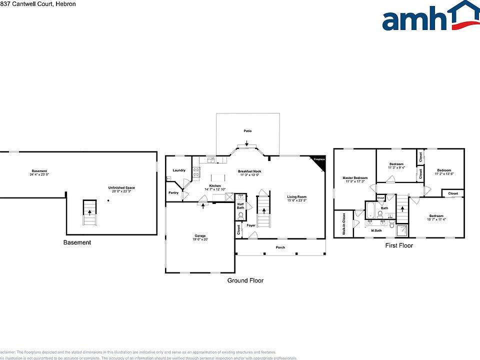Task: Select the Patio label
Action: tap(247, 131)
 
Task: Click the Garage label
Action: tap(200, 236)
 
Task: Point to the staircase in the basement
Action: tap(89, 212)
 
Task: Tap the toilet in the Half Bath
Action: tap(240, 215)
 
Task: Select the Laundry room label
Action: tap(179, 170)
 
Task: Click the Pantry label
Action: tap(173, 193)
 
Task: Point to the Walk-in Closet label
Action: tap(344, 224)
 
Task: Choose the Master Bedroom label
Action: tap(355, 178)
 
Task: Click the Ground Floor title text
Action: tap(245, 280)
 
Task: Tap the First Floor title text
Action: tap(398, 245)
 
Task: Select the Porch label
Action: tap(280, 247)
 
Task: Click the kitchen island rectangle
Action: tap(218, 177)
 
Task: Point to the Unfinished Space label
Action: tap(121, 188)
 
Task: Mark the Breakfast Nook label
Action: tap(250, 171)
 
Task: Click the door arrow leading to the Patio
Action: tap(246, 144)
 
